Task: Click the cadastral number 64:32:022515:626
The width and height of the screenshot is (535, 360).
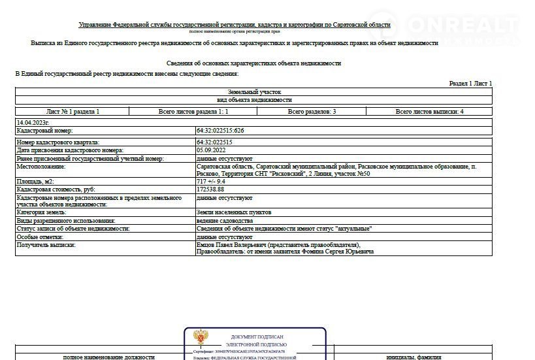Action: [220, 131]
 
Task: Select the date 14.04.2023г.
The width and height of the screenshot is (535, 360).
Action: [33, 122]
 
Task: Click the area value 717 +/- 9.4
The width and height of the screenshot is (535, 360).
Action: [211, 181]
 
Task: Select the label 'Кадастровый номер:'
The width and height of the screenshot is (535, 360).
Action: [44, 131]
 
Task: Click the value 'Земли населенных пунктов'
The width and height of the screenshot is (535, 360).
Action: [233, 212]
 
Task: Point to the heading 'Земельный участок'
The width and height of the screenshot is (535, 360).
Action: [254, 92]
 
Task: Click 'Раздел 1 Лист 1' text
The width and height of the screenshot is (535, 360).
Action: [470, 84]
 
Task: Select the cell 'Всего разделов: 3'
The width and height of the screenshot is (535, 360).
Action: [312, 112]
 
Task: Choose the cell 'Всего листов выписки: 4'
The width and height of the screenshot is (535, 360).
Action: [429, 112]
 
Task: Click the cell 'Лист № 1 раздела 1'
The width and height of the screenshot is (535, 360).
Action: [73, 112]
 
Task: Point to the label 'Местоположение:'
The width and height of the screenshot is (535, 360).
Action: [41, 167]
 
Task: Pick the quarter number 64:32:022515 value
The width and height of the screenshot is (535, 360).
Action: [214, 142]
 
